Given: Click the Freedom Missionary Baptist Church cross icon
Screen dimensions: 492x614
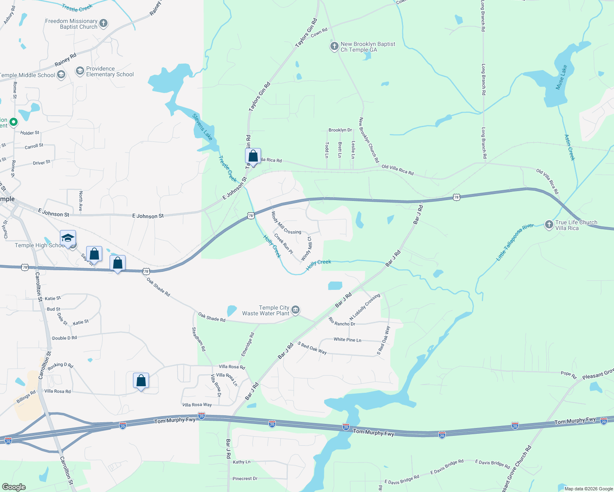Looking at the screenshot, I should [103, 23].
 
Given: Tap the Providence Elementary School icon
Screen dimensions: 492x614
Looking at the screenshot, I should [80, 71].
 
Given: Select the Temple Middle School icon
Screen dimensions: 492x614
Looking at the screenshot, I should [61, 75].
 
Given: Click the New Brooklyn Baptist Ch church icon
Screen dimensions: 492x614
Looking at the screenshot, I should [334, 46].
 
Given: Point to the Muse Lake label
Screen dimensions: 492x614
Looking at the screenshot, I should [561, 77].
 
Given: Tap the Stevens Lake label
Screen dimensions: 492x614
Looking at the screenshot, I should [202, 127].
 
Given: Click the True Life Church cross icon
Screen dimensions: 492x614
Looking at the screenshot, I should [549, 225].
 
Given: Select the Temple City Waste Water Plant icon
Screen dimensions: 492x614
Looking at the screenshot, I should [296, 310].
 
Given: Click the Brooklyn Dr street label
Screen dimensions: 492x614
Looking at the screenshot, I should [340, 130].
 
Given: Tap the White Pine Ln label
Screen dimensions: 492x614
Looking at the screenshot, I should [347, 339].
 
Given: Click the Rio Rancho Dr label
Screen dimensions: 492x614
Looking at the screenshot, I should [342, 322].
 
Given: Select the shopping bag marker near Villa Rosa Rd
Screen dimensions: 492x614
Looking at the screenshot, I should [141, 381].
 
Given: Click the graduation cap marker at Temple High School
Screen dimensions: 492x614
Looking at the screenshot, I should [68, 238].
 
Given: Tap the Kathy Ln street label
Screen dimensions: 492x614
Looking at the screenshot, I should [241, 462].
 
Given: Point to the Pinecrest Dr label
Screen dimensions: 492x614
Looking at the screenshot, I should [245, 478].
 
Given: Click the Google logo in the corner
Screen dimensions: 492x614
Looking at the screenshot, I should [14, 487].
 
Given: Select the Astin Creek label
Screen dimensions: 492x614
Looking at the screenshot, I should [570, 147].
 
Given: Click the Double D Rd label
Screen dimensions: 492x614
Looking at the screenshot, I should [64, 338].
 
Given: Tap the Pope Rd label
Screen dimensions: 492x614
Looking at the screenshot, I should [568, 374].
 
